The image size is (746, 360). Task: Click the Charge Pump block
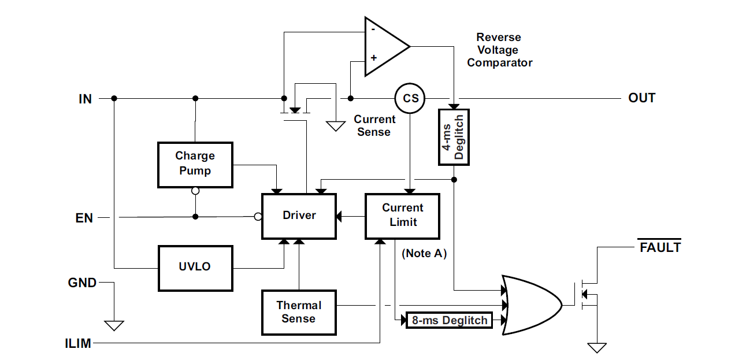click(195, 164)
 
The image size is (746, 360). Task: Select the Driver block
click(299, 216)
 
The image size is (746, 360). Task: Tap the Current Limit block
click(402, 216)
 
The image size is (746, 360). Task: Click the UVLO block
click(195, 268)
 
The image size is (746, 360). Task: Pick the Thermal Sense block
click(299, 312)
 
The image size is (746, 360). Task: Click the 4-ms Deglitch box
click(454, 136)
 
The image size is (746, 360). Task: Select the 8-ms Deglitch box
click(449, 320)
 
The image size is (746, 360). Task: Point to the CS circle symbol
click(410, 98)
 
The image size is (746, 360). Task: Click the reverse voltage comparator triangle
click(384, 46)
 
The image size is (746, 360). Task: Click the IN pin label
click(85, 99)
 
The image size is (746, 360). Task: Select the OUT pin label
click(641, 98)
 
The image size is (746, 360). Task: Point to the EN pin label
click(84, 218)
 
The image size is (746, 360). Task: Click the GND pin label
click(82, 283)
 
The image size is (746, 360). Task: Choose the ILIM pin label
click(78, 344)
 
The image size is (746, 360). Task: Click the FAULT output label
click(660, 248)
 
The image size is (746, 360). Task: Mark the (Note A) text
click(424, 254)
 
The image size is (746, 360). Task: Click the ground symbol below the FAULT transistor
click(597, 347)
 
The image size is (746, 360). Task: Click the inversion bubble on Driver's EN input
click(258, 217)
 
